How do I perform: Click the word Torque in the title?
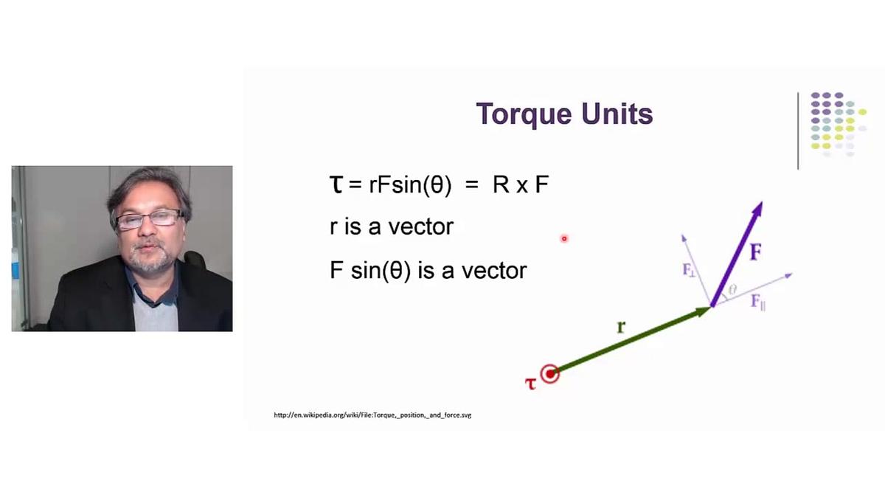(524, 114)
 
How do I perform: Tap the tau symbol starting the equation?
(336, 184)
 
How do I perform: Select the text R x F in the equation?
(521, 184)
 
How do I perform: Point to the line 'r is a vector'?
(392, 226)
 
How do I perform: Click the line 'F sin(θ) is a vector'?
(428, 271)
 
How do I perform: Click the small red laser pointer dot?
(564, 238)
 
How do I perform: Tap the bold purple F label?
(755, 253)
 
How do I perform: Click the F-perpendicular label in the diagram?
(689, 270)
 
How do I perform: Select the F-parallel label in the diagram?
(757, 301)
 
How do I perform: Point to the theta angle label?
(732, 290)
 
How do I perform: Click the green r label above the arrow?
(621, 325)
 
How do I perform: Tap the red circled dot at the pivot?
(550, 374)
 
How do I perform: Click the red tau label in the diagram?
(530, 382)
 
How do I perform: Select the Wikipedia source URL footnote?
(372, 415)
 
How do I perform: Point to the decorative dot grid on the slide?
(838, 124)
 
